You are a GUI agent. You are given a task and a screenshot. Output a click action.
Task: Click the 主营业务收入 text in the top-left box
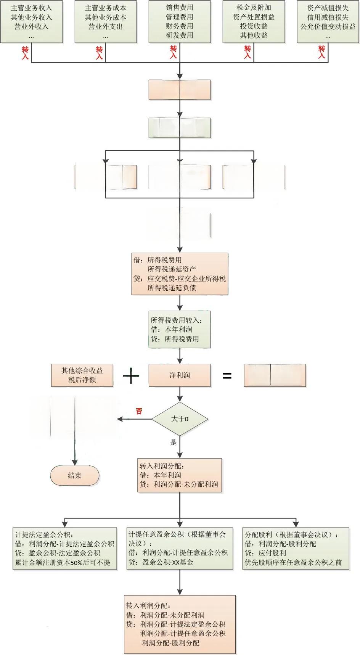[32, 8]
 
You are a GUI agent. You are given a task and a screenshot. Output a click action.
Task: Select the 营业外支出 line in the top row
[106, 27]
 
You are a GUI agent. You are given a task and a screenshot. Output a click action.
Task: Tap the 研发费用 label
[180, 35]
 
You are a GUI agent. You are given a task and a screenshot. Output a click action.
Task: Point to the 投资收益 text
[254, 26]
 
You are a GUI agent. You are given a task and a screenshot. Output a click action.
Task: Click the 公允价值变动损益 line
[328, 27]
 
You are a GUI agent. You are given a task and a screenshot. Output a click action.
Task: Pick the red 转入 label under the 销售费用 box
[174, 52]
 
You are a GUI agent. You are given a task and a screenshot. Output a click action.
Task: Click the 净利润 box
[180, 375]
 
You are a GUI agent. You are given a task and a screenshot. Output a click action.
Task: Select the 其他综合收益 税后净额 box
[82, 375]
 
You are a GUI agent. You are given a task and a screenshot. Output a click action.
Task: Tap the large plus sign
[131, 377]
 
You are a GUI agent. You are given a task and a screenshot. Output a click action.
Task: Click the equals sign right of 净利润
[227, 376]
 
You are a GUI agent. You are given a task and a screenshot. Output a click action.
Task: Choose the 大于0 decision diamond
[180, 419]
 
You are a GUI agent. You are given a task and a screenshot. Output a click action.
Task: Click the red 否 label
[139, 411]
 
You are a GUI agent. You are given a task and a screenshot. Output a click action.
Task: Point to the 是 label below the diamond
[174, 443]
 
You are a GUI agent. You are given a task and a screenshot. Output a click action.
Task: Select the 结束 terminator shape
[75, 475]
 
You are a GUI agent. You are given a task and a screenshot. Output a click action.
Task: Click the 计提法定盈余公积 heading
[44, 535]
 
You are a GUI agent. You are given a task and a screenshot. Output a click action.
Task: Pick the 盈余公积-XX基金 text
[168, 562]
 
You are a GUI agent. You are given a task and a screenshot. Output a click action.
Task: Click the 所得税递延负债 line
[172, 288]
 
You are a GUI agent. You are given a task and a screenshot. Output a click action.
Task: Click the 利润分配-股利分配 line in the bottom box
[170, 643]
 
